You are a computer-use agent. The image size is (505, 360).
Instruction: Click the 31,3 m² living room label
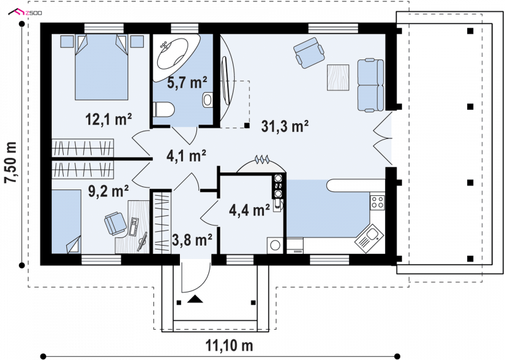285,126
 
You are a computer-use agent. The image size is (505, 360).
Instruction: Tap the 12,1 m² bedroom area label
109,119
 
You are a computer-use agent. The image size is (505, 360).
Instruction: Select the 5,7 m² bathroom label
187,83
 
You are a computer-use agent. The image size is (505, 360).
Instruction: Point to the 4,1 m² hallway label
186,156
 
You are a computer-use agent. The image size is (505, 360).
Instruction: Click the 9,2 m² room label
109,191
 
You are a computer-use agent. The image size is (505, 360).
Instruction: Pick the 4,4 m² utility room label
249,210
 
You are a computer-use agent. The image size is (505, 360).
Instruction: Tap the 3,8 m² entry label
192,239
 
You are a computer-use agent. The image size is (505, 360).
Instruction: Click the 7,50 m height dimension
11,162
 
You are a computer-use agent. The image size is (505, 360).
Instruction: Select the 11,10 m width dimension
229,346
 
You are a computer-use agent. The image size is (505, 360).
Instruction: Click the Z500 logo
25,13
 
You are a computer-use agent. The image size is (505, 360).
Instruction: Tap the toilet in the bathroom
163,110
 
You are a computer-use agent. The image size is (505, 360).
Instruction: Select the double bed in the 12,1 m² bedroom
102,67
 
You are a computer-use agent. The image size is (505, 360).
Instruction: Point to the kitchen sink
369,239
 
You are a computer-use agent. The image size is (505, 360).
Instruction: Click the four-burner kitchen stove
377,201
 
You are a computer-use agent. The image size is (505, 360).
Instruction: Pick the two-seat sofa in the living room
371,85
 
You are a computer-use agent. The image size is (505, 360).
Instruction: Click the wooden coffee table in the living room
338,77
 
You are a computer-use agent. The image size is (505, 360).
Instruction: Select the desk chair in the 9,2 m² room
116,224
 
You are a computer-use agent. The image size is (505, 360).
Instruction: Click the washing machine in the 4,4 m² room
275,246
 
